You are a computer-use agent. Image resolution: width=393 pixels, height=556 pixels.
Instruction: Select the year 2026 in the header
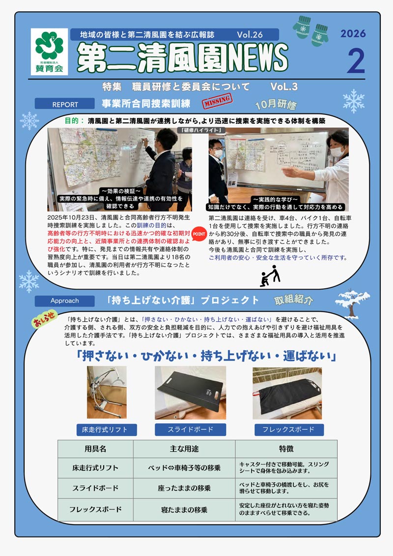[x=353, y=34]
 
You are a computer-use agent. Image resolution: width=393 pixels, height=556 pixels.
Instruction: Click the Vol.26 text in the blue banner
[x=250, y=35]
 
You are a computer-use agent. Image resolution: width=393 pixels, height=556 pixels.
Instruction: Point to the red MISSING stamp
[x=217, y=102]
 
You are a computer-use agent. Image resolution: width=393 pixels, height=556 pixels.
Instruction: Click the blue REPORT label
[x=65, y=104]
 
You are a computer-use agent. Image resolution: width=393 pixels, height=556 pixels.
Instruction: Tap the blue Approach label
[x=64, y=301]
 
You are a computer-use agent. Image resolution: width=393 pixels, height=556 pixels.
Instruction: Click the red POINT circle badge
[x=198, y=234]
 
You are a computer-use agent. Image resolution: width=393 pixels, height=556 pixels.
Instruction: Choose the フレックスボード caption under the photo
[x=288, y=429]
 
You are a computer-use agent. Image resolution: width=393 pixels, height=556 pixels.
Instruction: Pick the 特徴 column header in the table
[x=286, y=449]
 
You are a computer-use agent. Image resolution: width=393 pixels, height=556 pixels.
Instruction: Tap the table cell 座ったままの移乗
[x=184, y=488]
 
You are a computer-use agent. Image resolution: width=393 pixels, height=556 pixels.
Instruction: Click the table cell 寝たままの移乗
[x=184, y=510]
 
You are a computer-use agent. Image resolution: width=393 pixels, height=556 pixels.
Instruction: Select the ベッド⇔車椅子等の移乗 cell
[x=184, y=468]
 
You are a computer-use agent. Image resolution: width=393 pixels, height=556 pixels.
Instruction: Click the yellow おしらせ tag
[x=44, y=319]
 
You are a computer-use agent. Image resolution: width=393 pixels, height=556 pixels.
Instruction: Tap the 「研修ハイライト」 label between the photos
[x=200, y=130]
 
